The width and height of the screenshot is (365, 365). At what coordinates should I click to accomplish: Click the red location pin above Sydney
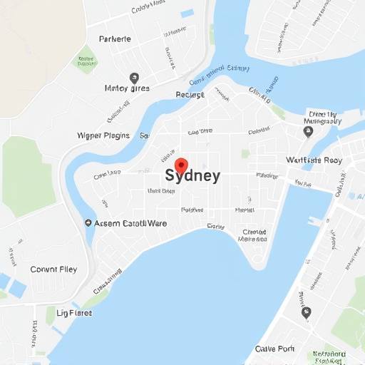181,165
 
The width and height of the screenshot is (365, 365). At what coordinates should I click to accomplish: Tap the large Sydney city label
192,176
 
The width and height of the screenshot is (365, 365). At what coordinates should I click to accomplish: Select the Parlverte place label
115,39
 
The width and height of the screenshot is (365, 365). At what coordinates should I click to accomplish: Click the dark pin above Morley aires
134,78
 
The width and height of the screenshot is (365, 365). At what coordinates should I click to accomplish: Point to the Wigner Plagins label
103,135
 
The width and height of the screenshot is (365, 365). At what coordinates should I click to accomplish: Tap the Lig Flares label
73,313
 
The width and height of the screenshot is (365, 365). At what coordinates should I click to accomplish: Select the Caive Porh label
274,349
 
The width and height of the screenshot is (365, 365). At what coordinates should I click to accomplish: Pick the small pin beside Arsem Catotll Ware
88,223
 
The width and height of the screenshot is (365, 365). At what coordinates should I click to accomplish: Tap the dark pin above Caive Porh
307,312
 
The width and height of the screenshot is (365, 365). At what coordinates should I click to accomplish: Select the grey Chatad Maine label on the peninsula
255,236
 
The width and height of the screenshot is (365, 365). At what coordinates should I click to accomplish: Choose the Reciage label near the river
190,94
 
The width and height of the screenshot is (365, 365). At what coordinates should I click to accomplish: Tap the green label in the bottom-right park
329,354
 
